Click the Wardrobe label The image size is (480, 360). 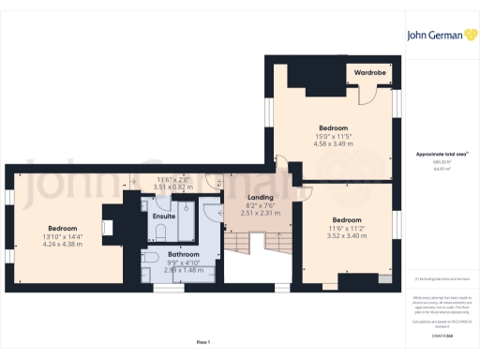[x=368, y=71]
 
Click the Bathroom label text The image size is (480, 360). [x=184, y=253]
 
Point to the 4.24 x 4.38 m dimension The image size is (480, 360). [x=62, y=244]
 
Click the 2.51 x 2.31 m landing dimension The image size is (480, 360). [x=261, y=214]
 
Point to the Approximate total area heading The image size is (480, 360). [x=441, y=154]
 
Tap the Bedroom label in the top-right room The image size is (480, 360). [x=333, y=127]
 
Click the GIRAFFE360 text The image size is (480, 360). [x=441, y=335]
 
